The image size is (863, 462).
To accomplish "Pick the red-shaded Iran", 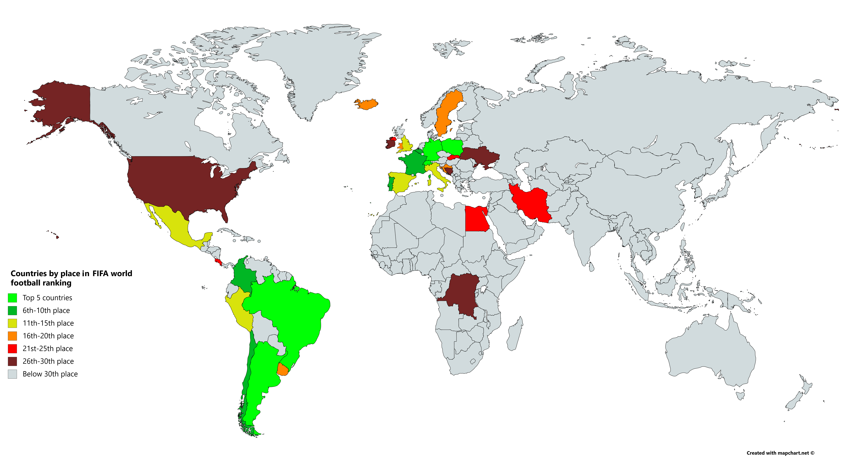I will point(531,203).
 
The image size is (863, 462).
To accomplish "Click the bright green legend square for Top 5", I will point(12,298).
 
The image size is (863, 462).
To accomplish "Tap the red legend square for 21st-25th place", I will point(12,349).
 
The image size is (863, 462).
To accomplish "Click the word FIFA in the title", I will point(100,274).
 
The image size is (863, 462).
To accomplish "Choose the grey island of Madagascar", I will point(514,334).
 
